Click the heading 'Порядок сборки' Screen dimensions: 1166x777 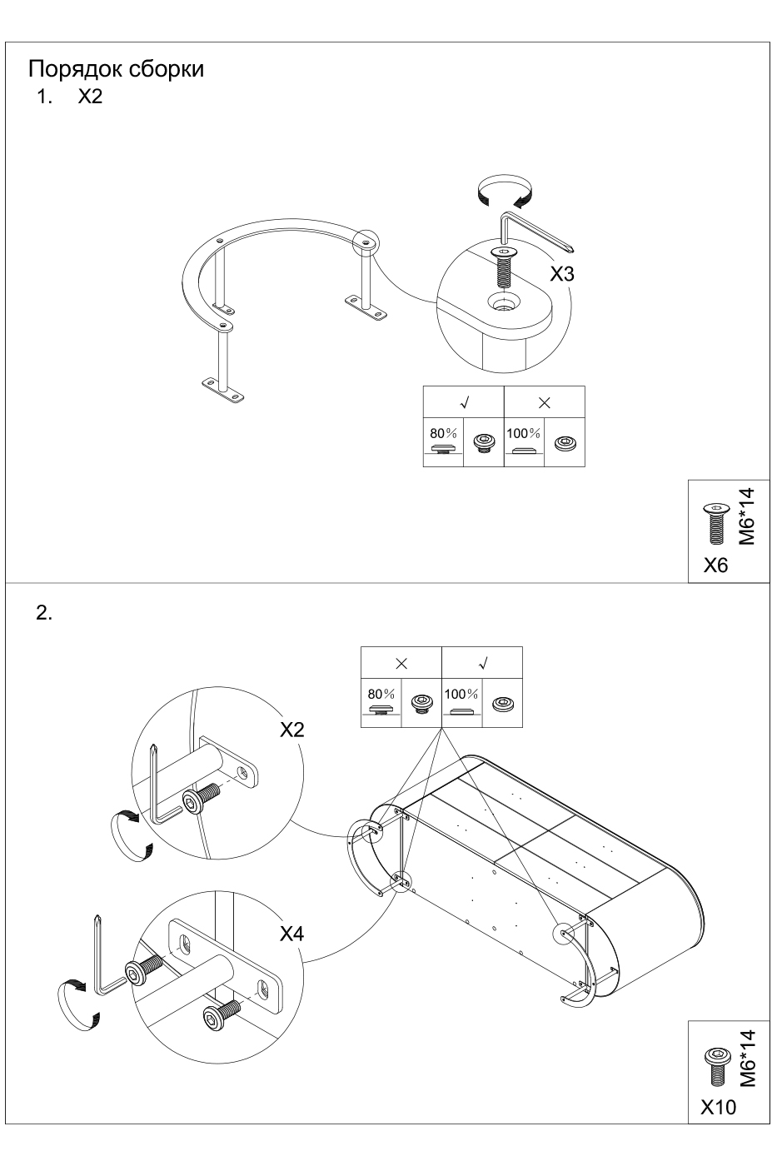point(116,68)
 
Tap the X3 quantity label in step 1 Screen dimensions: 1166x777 point(562,274)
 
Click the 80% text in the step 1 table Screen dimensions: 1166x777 point(443,434)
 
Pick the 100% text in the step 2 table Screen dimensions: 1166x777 point(461,694)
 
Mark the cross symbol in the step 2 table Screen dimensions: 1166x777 point(401,664)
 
